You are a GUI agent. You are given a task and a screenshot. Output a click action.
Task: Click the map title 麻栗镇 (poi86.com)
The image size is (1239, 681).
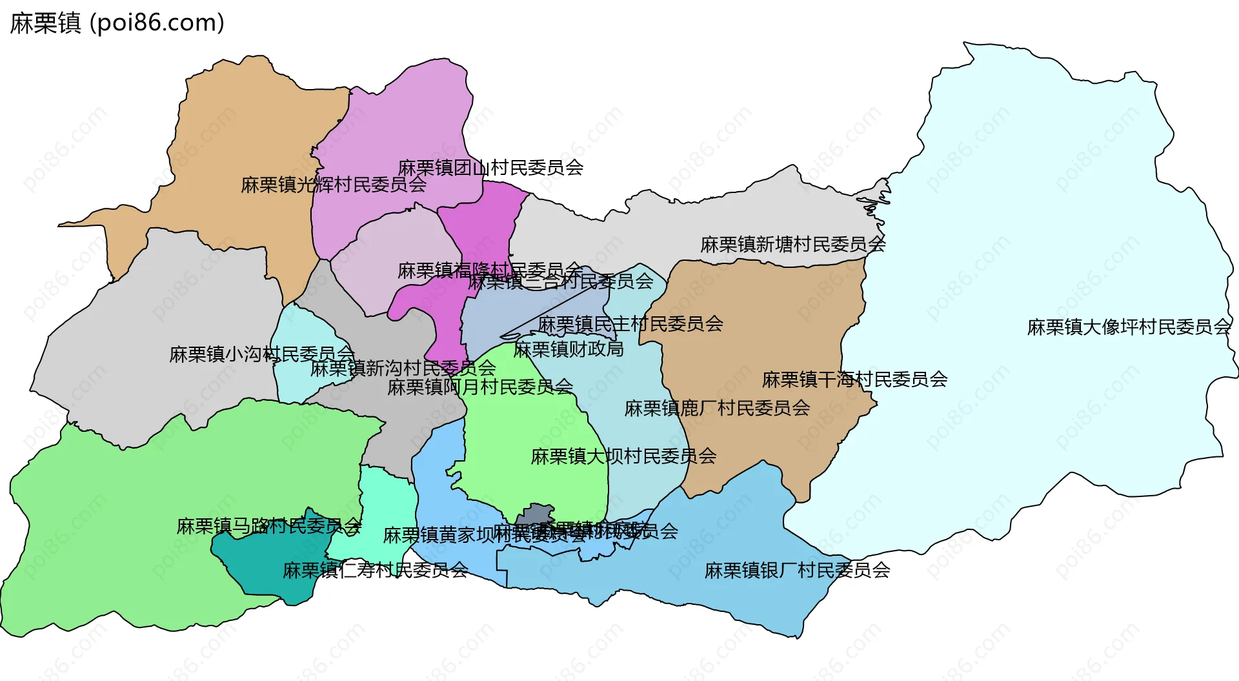(x=117, y=23)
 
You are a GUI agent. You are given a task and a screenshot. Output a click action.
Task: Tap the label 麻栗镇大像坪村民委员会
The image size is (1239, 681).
(x=1129, y=327)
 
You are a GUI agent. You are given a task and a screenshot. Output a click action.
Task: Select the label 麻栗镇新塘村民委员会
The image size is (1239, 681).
(x=792, y=245)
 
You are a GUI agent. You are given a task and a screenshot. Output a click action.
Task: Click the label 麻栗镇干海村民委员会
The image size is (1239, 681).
(x=854, y=380)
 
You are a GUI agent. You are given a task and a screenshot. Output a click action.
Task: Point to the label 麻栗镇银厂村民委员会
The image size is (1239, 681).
(x=797, y=571)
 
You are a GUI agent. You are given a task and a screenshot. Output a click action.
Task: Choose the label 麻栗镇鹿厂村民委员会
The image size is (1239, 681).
(x=717, y=409)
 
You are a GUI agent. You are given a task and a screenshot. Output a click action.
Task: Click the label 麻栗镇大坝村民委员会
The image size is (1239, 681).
(x=623, y=456)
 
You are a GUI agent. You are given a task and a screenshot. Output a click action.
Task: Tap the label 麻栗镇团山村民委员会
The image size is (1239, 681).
(x=490, y=168)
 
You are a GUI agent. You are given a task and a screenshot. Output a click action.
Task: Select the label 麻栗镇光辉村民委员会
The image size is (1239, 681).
(x=333, y=185)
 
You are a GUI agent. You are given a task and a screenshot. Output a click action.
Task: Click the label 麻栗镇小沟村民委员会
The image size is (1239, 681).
(x=261, y=354)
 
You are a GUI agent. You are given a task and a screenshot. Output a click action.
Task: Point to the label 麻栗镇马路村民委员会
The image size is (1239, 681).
(x=268, y=527)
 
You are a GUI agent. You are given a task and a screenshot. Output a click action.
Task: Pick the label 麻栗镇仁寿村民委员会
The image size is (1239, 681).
(x=375, y=571)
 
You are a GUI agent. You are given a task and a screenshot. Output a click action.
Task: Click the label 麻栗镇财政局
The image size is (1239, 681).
(x=568, y=350)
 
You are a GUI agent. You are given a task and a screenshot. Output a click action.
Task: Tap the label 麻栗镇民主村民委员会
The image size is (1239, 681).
(x=630, y=324)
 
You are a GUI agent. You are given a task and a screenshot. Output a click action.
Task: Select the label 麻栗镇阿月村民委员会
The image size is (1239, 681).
(x=480, y=387)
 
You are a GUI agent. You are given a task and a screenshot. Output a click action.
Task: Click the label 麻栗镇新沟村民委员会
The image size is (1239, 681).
(x=403, y=369)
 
